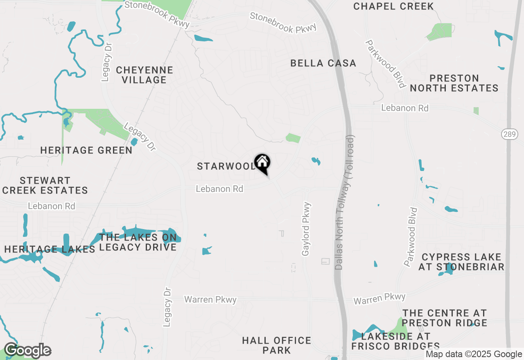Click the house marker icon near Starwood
point(262,163)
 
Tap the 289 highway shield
point(509,134)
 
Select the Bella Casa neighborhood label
point(323,63)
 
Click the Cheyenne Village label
point(145,75)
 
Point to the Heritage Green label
point(86,151)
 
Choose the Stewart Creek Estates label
point(45,185)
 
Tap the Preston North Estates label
point(454,83)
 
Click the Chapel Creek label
point(393,6)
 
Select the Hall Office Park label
point(277,345)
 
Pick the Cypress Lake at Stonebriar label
point(461,262)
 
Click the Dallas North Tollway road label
point(345,202)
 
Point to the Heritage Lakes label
point(50,249)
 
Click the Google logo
point(27,351)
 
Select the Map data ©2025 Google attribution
point(474,354)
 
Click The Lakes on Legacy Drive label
point(138,242)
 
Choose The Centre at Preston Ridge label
point(445,318)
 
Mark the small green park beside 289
point(476,111)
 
